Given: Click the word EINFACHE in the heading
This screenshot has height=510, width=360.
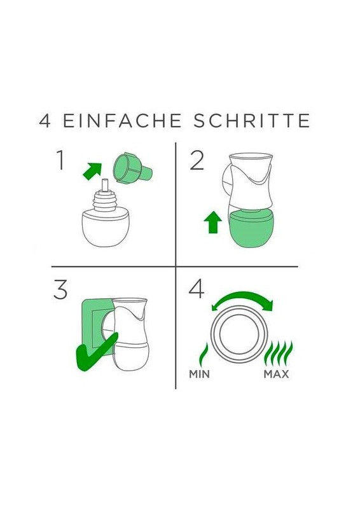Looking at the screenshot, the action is pyautogui.click(x=122, y=121).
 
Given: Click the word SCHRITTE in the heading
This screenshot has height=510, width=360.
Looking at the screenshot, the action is pyautogui.click(x=252, y=121).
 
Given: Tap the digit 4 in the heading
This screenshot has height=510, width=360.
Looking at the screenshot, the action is pyautogui.click(x=45, y=121).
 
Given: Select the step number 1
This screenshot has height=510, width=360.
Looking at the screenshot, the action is pyautogui.click(x=60, y=160).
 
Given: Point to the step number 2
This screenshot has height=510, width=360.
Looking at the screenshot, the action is pyautogui.click(x=197, y=160).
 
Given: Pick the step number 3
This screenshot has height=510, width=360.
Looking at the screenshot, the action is pyautogui.click(x=60, y=289).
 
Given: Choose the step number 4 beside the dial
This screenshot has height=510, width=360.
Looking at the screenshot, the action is pyautogui.click(x=197, y=289).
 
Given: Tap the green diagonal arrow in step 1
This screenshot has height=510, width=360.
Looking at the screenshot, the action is pyautogui.click(x=92, y=171).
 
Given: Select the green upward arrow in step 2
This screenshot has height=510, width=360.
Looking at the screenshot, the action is pyautogui.click(x=212, y=221).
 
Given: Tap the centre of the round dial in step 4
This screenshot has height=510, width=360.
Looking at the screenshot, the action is pyautogui.click(x=239, y=334).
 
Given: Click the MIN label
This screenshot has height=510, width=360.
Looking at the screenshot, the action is pyautogui.click(x=199, y=374).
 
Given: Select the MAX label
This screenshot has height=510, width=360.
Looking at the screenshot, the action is pyautogui.click(x=276, y=374).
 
